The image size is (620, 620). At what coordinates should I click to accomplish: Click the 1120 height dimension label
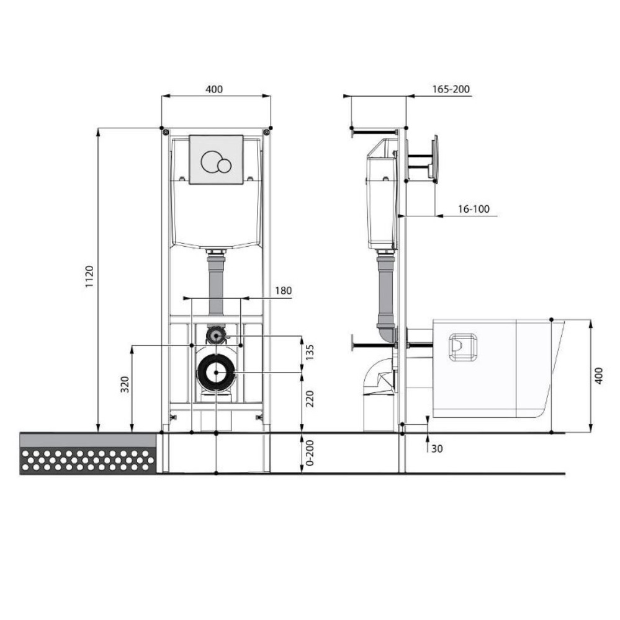pos(89,277)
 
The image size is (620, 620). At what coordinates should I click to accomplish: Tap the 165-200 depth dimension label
pos(451,89)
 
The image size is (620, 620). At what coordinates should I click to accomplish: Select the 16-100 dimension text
pos(474,209)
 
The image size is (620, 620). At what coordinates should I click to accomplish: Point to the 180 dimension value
pos(284,291)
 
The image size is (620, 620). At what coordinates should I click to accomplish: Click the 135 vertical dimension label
pos(310,352)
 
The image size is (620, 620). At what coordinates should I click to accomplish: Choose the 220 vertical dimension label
pos(310,399)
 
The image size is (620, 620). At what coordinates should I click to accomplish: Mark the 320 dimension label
pos(125,384)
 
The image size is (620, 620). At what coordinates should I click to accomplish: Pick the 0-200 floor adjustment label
pos(310,453)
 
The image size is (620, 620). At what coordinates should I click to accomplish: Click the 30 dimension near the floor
pos(437,449)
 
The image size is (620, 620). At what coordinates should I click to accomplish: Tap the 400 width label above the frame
pos(213,89)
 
